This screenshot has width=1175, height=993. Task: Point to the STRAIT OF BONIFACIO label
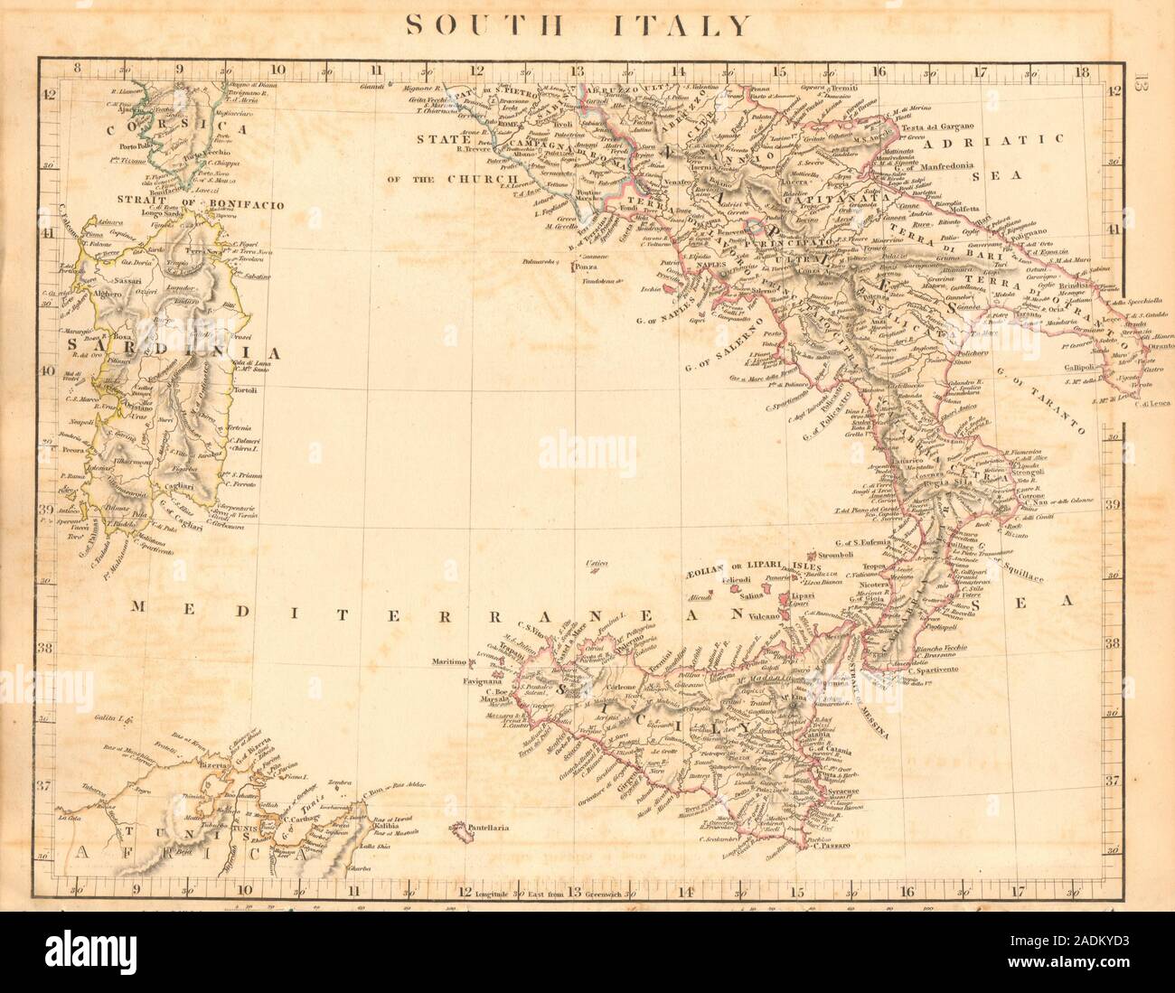[200, 204]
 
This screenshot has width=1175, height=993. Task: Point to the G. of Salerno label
[728, 344]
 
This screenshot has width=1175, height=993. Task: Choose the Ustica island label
[594, 562]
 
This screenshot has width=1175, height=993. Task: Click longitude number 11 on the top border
[375, 68]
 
